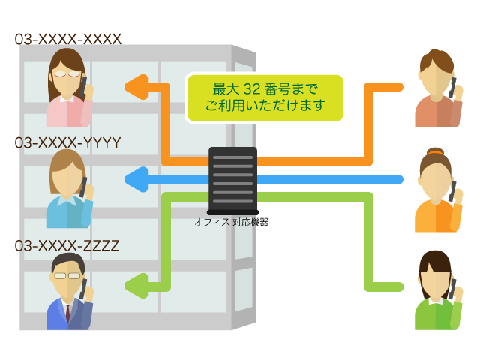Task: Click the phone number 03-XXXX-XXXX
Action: [68, 39]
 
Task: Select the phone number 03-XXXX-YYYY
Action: [67, 142]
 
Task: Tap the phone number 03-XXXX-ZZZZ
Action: [67, 245]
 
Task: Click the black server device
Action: [232, 181]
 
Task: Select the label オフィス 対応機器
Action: [232, 222]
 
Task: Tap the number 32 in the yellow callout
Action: [252, 89]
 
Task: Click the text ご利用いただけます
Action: [265, 106]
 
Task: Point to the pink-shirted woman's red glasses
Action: [67, 73]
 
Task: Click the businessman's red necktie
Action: [67, 313]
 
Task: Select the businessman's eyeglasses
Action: [67, 275]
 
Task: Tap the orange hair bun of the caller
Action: [435, 151]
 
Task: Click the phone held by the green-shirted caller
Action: [451, 288]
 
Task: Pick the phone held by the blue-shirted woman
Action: [83, 187]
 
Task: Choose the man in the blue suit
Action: [70, 292]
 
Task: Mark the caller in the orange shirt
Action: [439, 190]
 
